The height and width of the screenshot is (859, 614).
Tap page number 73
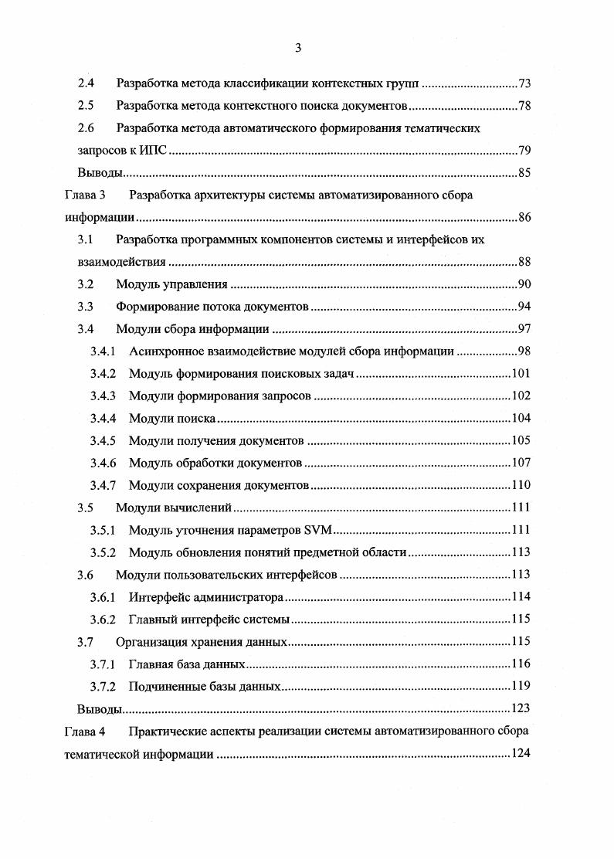pos(524,83)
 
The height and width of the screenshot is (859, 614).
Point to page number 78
pos(524,105)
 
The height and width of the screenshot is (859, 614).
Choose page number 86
pos(524,217)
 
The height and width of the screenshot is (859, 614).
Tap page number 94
pos(524,307)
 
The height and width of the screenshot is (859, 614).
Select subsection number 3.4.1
pos(103,351)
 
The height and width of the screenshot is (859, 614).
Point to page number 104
pos(521,419)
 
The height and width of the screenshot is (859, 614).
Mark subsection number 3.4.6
pos(103,463)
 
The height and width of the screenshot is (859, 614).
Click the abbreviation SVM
pos(317,531)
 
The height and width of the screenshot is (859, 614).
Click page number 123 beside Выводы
pos(521,708)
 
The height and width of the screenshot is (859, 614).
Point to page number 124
pos(521,753)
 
